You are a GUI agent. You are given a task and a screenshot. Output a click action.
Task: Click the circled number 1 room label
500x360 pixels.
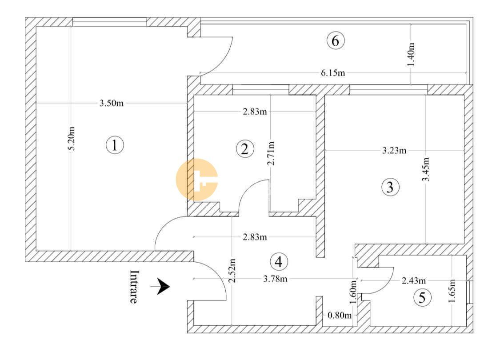tap(115, 145)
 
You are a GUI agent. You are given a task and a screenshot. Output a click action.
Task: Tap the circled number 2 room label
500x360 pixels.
tap(245, 149)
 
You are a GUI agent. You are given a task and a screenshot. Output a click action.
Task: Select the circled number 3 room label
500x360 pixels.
tap(390, 187)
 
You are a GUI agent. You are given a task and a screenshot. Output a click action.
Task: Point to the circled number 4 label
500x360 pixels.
tap(279, 262)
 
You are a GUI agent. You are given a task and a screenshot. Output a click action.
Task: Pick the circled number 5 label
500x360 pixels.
tap(422, 298)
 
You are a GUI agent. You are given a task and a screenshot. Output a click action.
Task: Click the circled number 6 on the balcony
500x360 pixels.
tap(336, 41)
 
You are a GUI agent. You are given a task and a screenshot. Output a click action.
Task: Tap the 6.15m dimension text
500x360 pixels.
tap(333, 73)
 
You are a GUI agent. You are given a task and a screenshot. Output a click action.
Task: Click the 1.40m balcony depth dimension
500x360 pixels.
tap(411, 55)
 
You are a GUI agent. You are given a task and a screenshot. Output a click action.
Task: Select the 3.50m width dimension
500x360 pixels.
tap(111, 103)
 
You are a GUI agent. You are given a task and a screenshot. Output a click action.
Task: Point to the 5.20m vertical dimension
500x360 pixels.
tap(72, 138)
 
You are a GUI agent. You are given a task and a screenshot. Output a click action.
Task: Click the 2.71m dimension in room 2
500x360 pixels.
tap(271, 153)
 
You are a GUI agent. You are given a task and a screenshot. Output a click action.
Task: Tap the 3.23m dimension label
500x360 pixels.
tap(394, 150)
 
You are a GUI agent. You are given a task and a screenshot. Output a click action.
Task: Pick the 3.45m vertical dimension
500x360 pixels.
tap(426, 169)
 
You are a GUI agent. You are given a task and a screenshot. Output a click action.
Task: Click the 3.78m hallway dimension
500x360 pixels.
tap(275, 279)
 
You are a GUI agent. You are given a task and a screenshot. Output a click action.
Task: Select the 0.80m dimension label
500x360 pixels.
tap(340, 316)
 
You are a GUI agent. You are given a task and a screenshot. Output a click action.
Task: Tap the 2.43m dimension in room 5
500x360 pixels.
tap(414, 280)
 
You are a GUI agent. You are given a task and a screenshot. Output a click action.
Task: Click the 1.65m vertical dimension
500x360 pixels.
tap(452, 291)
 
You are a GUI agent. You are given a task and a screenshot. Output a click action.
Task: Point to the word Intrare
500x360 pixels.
tap(134, 287)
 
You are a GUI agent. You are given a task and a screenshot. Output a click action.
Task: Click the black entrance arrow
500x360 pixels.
tap(160, 286)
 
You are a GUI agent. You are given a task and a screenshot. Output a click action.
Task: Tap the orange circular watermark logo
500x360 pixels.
tap(197, 180)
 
